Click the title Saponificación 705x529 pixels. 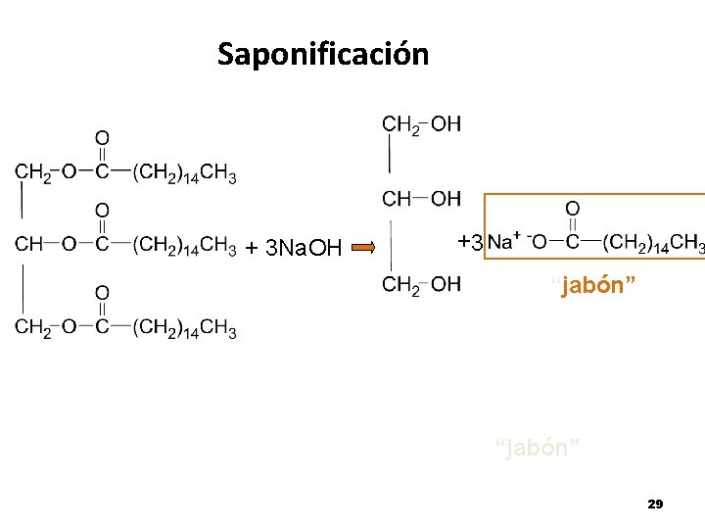click(x=323, y=54)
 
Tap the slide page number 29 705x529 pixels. click(x=655, y=504)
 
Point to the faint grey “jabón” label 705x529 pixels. click(x=539, y=449)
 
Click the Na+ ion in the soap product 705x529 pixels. click(x=501, y=241)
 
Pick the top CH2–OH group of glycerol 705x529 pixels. click(x=421, y=124)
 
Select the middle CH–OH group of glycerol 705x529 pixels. click(x=421, y=199)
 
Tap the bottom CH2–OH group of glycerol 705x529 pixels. click(x=421, y=284)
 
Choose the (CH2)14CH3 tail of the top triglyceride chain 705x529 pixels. click(x=184, y=174)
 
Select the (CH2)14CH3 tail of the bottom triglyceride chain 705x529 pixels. click(x=184, y=328)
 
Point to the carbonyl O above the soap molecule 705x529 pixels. click(x=573, y=209)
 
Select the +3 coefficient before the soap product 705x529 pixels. click(x=470, y=241)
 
